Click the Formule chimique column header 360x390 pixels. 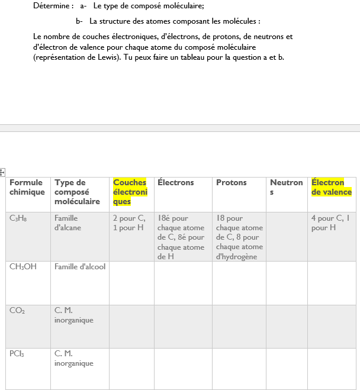(26, 187)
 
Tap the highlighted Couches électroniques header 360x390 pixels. (130, 192)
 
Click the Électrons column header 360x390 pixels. (176, 182)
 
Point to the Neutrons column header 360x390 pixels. (286, 187)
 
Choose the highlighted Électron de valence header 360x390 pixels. (332, 187)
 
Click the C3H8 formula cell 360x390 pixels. (18, 218)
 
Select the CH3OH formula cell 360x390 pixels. (23, 267)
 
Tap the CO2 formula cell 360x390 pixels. (17, 310)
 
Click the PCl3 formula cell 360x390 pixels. (17, 353)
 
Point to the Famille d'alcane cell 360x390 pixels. (66, 223)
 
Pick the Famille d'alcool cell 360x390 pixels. (80, 267)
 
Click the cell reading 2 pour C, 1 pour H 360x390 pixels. (129, 223)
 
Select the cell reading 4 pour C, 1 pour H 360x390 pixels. (330, 223)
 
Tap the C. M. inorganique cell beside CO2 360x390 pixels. (74, 315)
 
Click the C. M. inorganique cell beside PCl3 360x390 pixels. (74, 358)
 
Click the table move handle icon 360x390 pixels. (2, 172)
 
